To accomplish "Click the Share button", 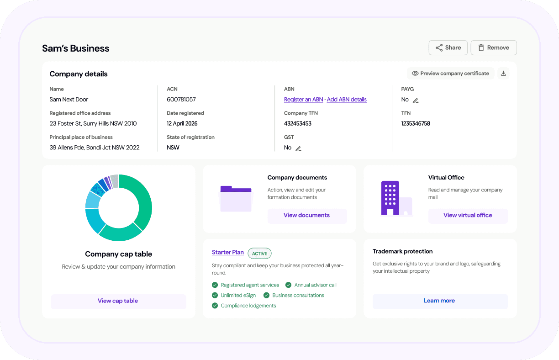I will coord(448,48).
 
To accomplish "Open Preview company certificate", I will coord(450,73).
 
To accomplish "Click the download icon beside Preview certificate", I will coord(503,73).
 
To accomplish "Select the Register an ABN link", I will coord(303,100).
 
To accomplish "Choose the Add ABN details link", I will coord(347,100).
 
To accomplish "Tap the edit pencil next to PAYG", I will coord(416,101).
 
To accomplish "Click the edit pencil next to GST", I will coord(298,148).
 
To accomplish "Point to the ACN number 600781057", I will coord(181,100).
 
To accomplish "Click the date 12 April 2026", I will coord(182,123).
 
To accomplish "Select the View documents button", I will coord(307,215).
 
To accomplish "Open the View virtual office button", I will coord(468,215).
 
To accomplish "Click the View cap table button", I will coord(118,301).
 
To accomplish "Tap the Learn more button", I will coord(439,301).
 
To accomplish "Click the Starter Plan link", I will coord(228,252).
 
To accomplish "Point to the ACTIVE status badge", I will coord(259,253).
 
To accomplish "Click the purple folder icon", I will coord(236,198).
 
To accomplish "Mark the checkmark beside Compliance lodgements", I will coord(215,306).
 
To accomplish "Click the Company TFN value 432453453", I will coord(298,123).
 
